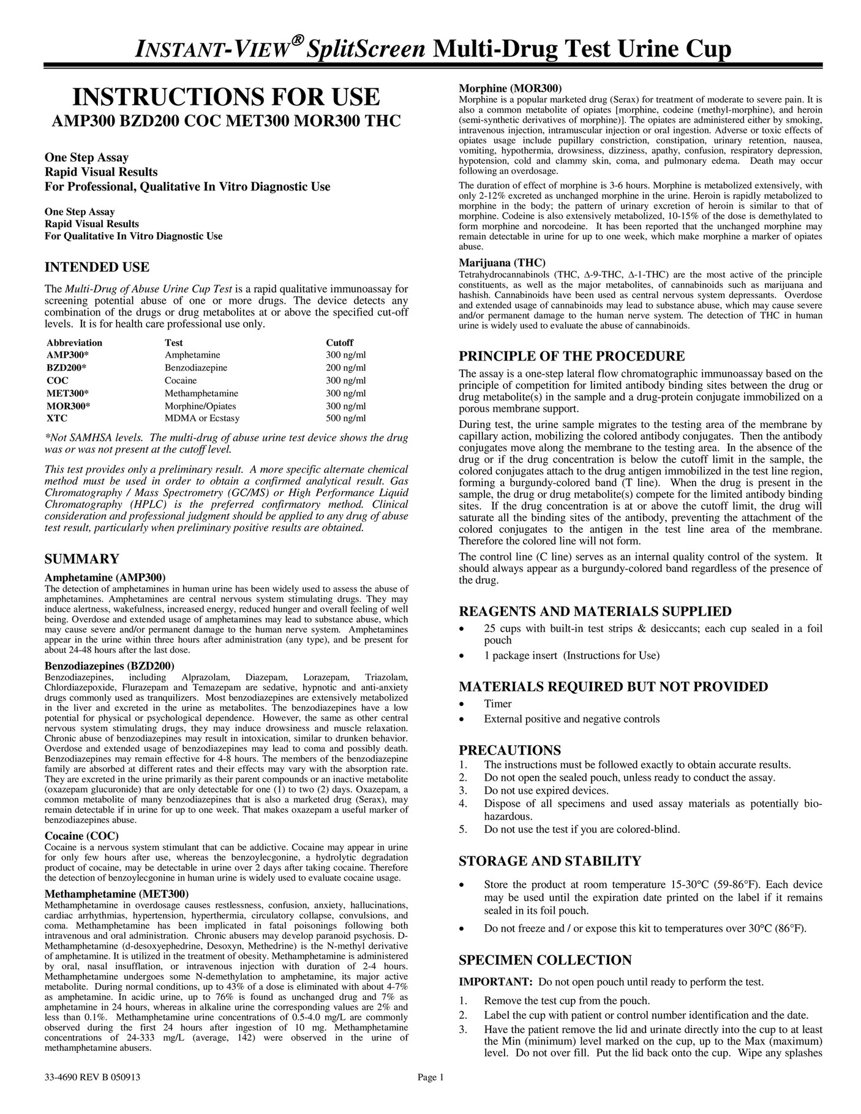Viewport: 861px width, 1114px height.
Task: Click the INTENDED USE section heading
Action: click(x=97, y=267)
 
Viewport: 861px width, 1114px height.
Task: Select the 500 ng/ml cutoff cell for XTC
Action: click(x=345, y=418)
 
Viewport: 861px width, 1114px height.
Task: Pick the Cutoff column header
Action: click(x=339, y=342)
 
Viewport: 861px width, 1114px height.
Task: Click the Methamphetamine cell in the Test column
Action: click(x=201, y=393)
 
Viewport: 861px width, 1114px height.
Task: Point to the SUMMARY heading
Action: click(x=82, y=559)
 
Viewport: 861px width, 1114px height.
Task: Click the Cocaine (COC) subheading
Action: click(x=82, y=835)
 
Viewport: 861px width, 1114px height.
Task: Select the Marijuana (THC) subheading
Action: click(x=502, y=263)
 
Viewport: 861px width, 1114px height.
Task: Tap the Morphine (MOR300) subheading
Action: click(x=510, y=88)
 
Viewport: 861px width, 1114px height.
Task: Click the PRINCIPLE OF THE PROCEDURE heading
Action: click(x=572, y=356)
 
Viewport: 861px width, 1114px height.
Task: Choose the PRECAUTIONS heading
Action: click(x=509, y=750)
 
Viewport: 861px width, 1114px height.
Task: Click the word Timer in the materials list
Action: click(x=497, y=704)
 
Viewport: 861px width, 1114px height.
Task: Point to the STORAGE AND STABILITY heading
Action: click(x=550, y=861)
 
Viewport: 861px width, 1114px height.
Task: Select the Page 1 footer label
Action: click(x=430, y=1095)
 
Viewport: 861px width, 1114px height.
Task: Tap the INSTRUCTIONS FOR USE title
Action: click(x=227, y=97)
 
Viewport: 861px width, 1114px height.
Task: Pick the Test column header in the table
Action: click(x=174, y=342)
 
